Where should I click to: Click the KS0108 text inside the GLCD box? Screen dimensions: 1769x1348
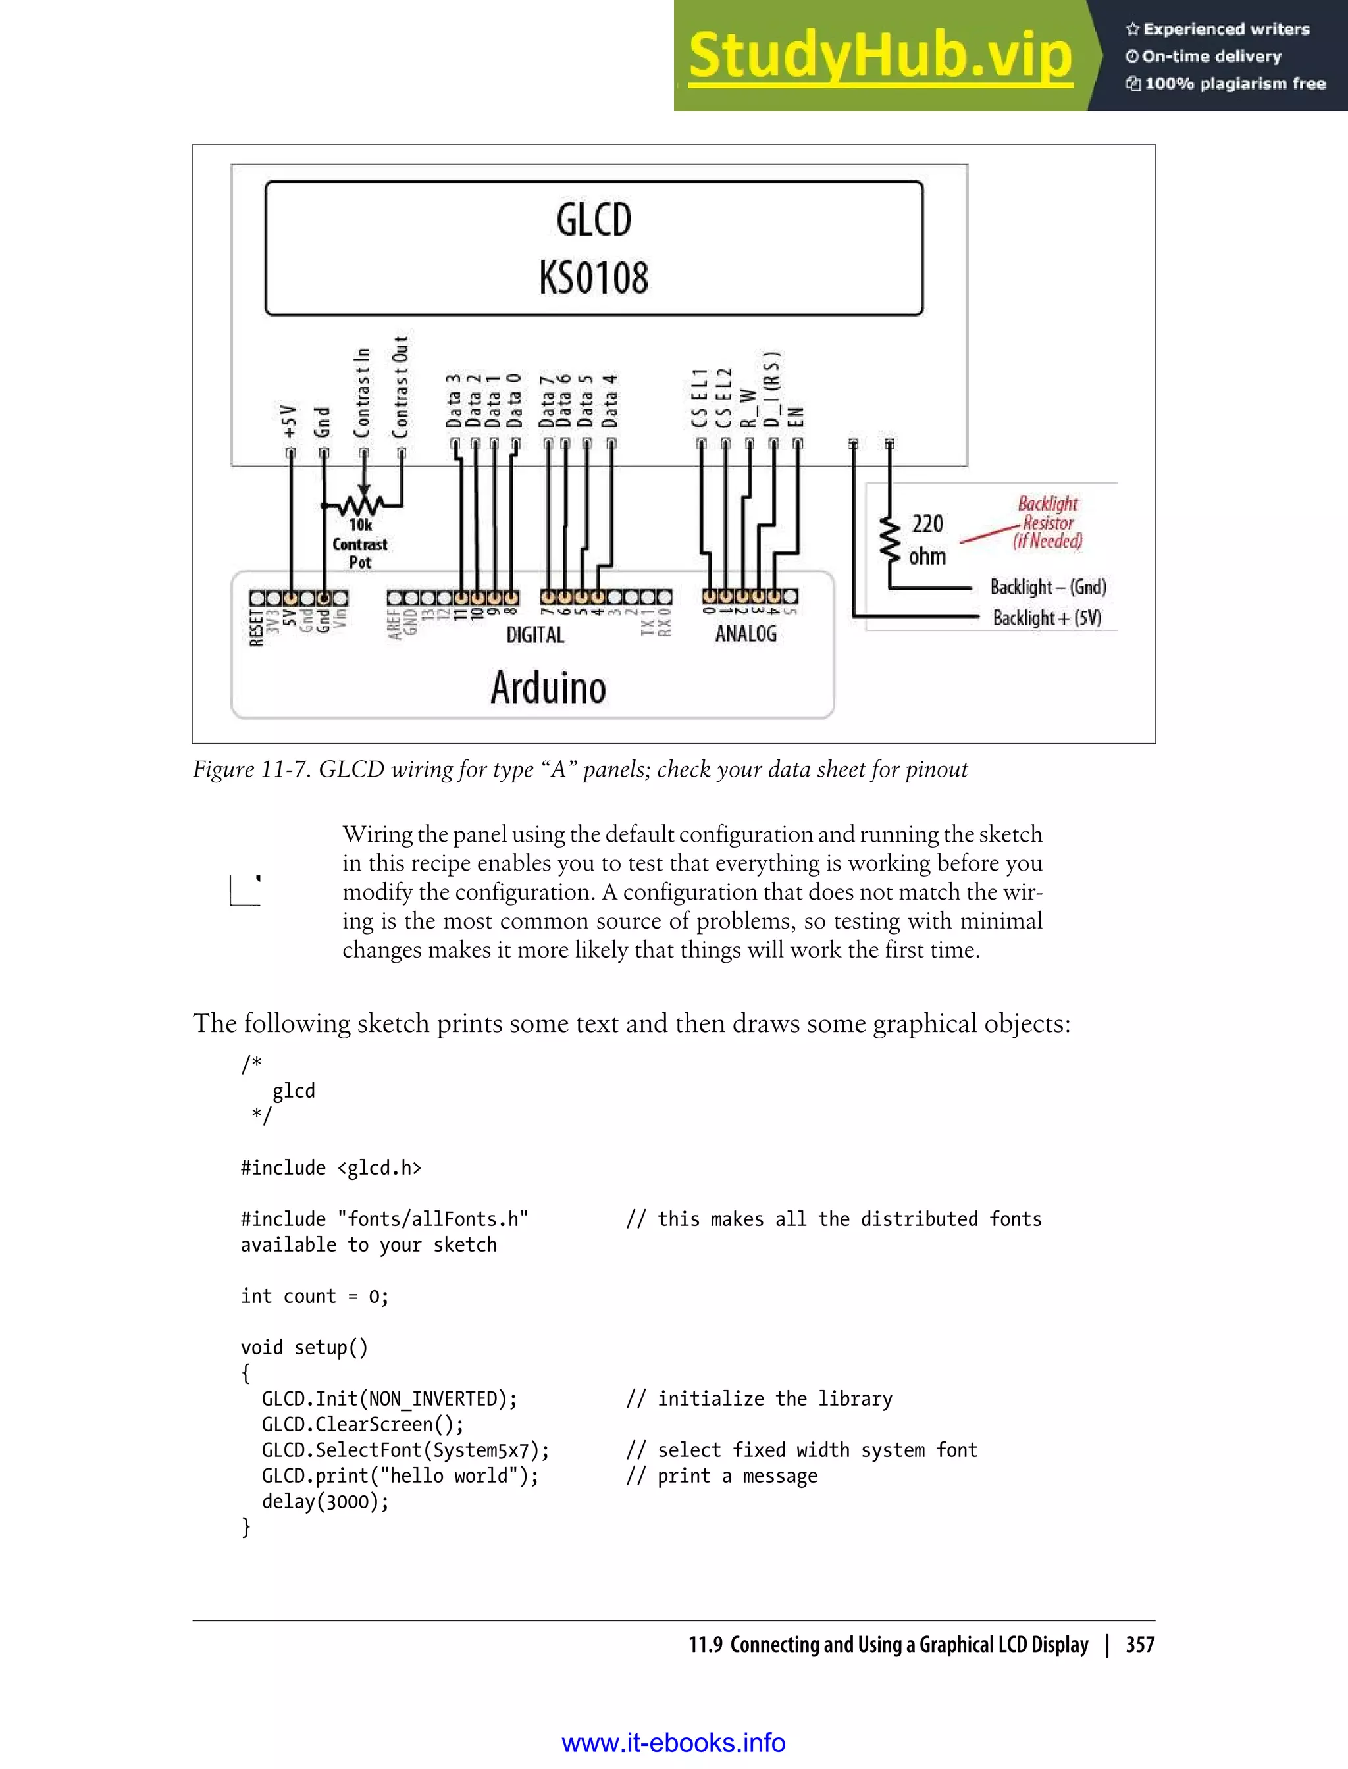click(594, 278)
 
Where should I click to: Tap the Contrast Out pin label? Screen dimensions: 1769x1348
click(400, 387)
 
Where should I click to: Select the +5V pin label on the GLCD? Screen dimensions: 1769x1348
click(290, 421)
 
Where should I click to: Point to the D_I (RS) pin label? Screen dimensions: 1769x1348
click(772, 390)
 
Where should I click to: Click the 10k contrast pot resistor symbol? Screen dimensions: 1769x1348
click(363, 505)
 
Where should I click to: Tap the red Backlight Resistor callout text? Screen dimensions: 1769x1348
click(1047, 523)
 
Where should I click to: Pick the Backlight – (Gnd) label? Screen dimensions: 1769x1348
click(1048, 586)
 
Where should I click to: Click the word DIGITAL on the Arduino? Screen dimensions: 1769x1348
click(535, 634)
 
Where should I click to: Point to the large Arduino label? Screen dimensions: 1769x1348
click(548, 688)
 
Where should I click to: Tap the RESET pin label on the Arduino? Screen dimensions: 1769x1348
click(255, 627)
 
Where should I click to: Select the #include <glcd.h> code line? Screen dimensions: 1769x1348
click(330, 1167)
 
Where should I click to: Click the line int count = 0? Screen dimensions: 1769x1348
click(314, 1296)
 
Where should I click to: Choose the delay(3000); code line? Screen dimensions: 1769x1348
click(325, 1501)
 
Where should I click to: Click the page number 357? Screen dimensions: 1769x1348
click(1139, 1645)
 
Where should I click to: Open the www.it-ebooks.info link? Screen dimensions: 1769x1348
click(673, 1743)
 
